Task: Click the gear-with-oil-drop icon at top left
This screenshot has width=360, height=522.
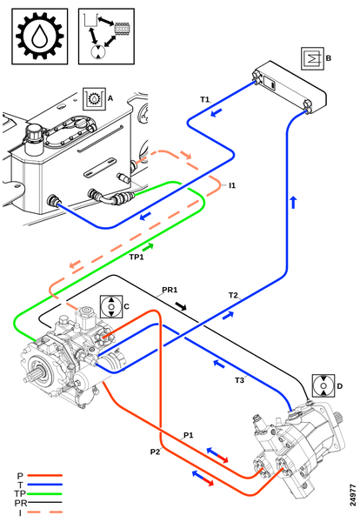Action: pos(40,37)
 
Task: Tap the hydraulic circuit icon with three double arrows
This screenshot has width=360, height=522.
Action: pos(106,37)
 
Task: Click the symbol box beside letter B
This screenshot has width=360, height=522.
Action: pos(312,58)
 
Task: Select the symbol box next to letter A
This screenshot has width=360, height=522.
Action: pos(94,98)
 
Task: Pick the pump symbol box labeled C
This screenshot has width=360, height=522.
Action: pos(111,306)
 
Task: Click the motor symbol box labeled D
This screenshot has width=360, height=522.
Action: pos(323,385)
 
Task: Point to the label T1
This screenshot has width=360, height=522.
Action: pos(205,99)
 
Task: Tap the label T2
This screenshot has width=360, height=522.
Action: pos(233,295)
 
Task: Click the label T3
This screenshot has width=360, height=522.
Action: pos(239,380)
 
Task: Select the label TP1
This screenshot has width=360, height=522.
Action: pos(137,257)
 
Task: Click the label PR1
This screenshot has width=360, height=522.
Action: pos(170,290)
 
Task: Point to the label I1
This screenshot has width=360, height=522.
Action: pos(232,185)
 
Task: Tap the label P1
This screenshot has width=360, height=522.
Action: pos(189,436)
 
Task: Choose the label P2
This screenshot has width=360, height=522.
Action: pos(155,452)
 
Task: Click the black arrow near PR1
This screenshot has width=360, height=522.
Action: pos(181,306)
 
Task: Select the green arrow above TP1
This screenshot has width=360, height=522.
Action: pos(148,247)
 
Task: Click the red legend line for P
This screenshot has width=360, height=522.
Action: pos(44,475)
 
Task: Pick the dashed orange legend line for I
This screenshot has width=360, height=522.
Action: pos(44,512)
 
